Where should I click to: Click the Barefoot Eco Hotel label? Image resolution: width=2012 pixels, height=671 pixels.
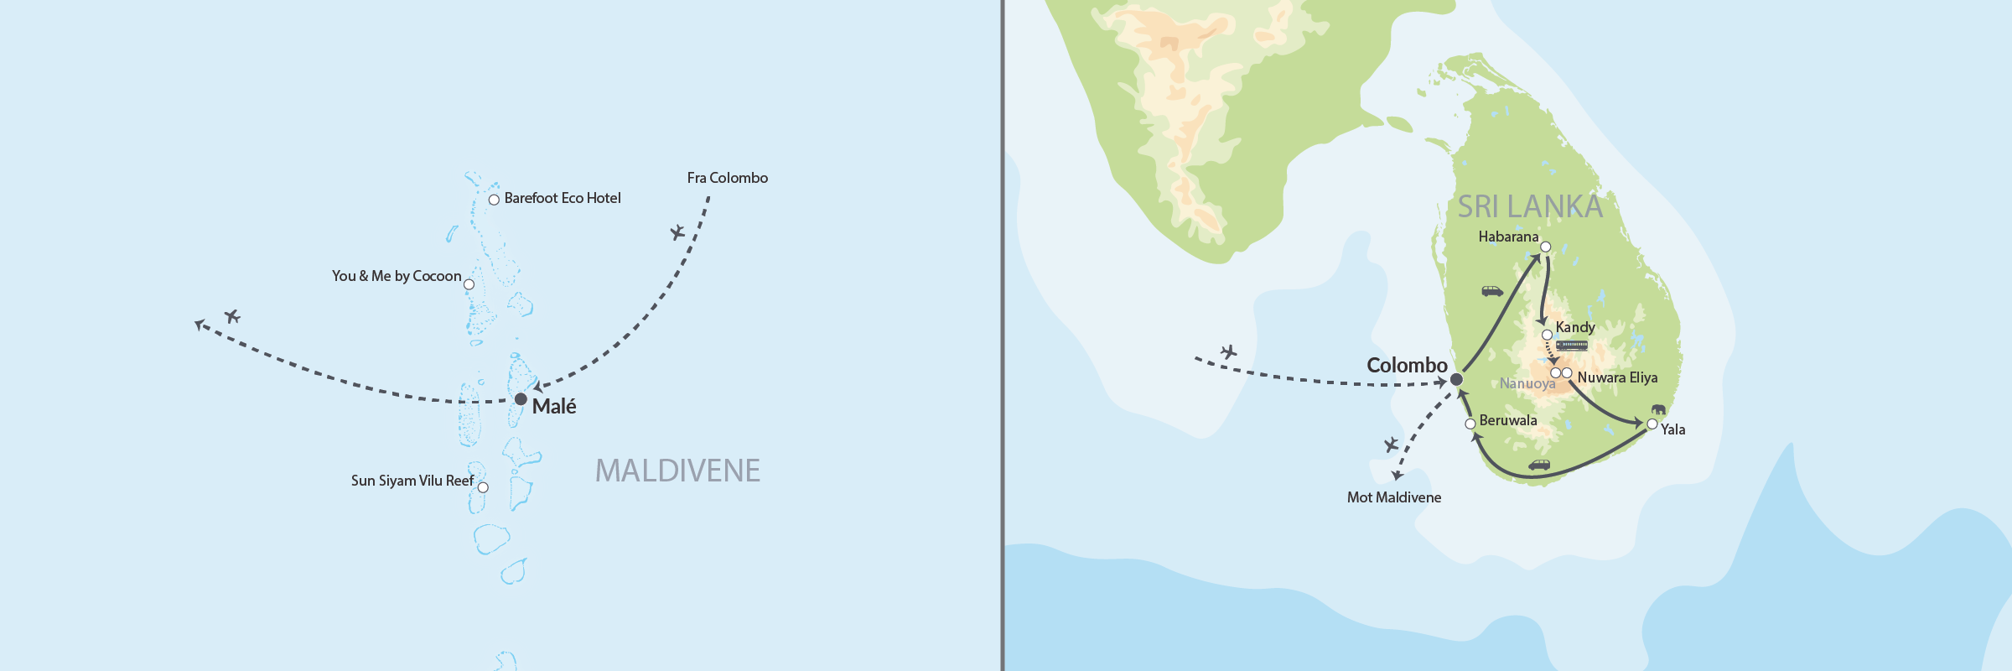pos(563,199)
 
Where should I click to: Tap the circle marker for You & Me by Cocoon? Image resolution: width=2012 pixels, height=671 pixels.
pos(469,284)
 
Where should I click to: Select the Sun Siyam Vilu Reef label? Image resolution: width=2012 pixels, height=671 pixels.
pos(412,481)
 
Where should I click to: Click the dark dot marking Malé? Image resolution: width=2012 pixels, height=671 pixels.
pos(521,398)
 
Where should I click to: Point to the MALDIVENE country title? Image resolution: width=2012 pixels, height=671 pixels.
pos(677,471)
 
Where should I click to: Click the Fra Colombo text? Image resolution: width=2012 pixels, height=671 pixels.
pos(727,178)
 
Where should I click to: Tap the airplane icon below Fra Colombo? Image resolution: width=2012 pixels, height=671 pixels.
pos(677,232)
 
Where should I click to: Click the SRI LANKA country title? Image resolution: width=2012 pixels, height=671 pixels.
pos(1529,206)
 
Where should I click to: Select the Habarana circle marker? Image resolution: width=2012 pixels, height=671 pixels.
pos(1545,247)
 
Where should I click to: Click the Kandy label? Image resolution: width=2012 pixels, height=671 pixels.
pos(1575,327)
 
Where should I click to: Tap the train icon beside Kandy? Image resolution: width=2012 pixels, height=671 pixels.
pos(1572,346)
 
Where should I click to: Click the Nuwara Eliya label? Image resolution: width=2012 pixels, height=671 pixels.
pos(1617,377)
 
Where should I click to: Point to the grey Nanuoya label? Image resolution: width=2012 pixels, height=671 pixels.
pos(1527,383)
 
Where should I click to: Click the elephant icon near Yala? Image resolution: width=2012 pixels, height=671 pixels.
pos(1658,409)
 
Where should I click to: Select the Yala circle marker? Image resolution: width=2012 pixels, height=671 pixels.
pos(1652,424)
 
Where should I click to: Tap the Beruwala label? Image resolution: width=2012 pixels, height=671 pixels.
pos(1508,420)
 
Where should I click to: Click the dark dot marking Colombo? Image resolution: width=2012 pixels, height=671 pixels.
pos(1457,380)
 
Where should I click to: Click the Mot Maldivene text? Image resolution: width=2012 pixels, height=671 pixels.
pos(1394,497)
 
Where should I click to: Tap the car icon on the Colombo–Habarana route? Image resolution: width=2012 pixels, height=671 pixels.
pos(1492,292)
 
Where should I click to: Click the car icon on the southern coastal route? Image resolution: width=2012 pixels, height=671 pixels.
pos(1539,465)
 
